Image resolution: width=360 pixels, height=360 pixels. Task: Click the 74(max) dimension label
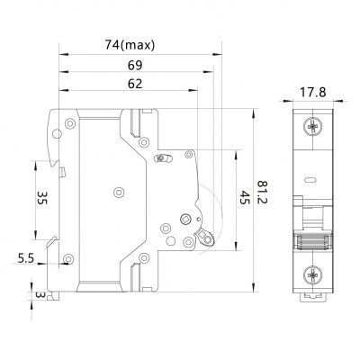pyautogui.click(x=130, y=45)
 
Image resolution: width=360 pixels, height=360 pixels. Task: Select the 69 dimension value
pyautogui.click(x=135, y=65)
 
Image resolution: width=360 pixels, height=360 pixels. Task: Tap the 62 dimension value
pyautogui.click(x=135, y=84)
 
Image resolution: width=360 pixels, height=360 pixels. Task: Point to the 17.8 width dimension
pyautogui.click(x=313, y=93)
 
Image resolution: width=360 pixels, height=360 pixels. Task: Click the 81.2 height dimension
pyautogui.click(x=263, y=192)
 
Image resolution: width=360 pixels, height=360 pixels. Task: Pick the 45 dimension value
pyautogui.click(x=245, y=198)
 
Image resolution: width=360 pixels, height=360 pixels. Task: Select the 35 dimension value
pyautogui.click(x=41, y=198)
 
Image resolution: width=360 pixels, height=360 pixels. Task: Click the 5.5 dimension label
pyautogui.click(x=26, y=258)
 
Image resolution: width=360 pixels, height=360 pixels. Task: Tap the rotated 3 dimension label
pyautogui.click(x=40, y=294)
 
